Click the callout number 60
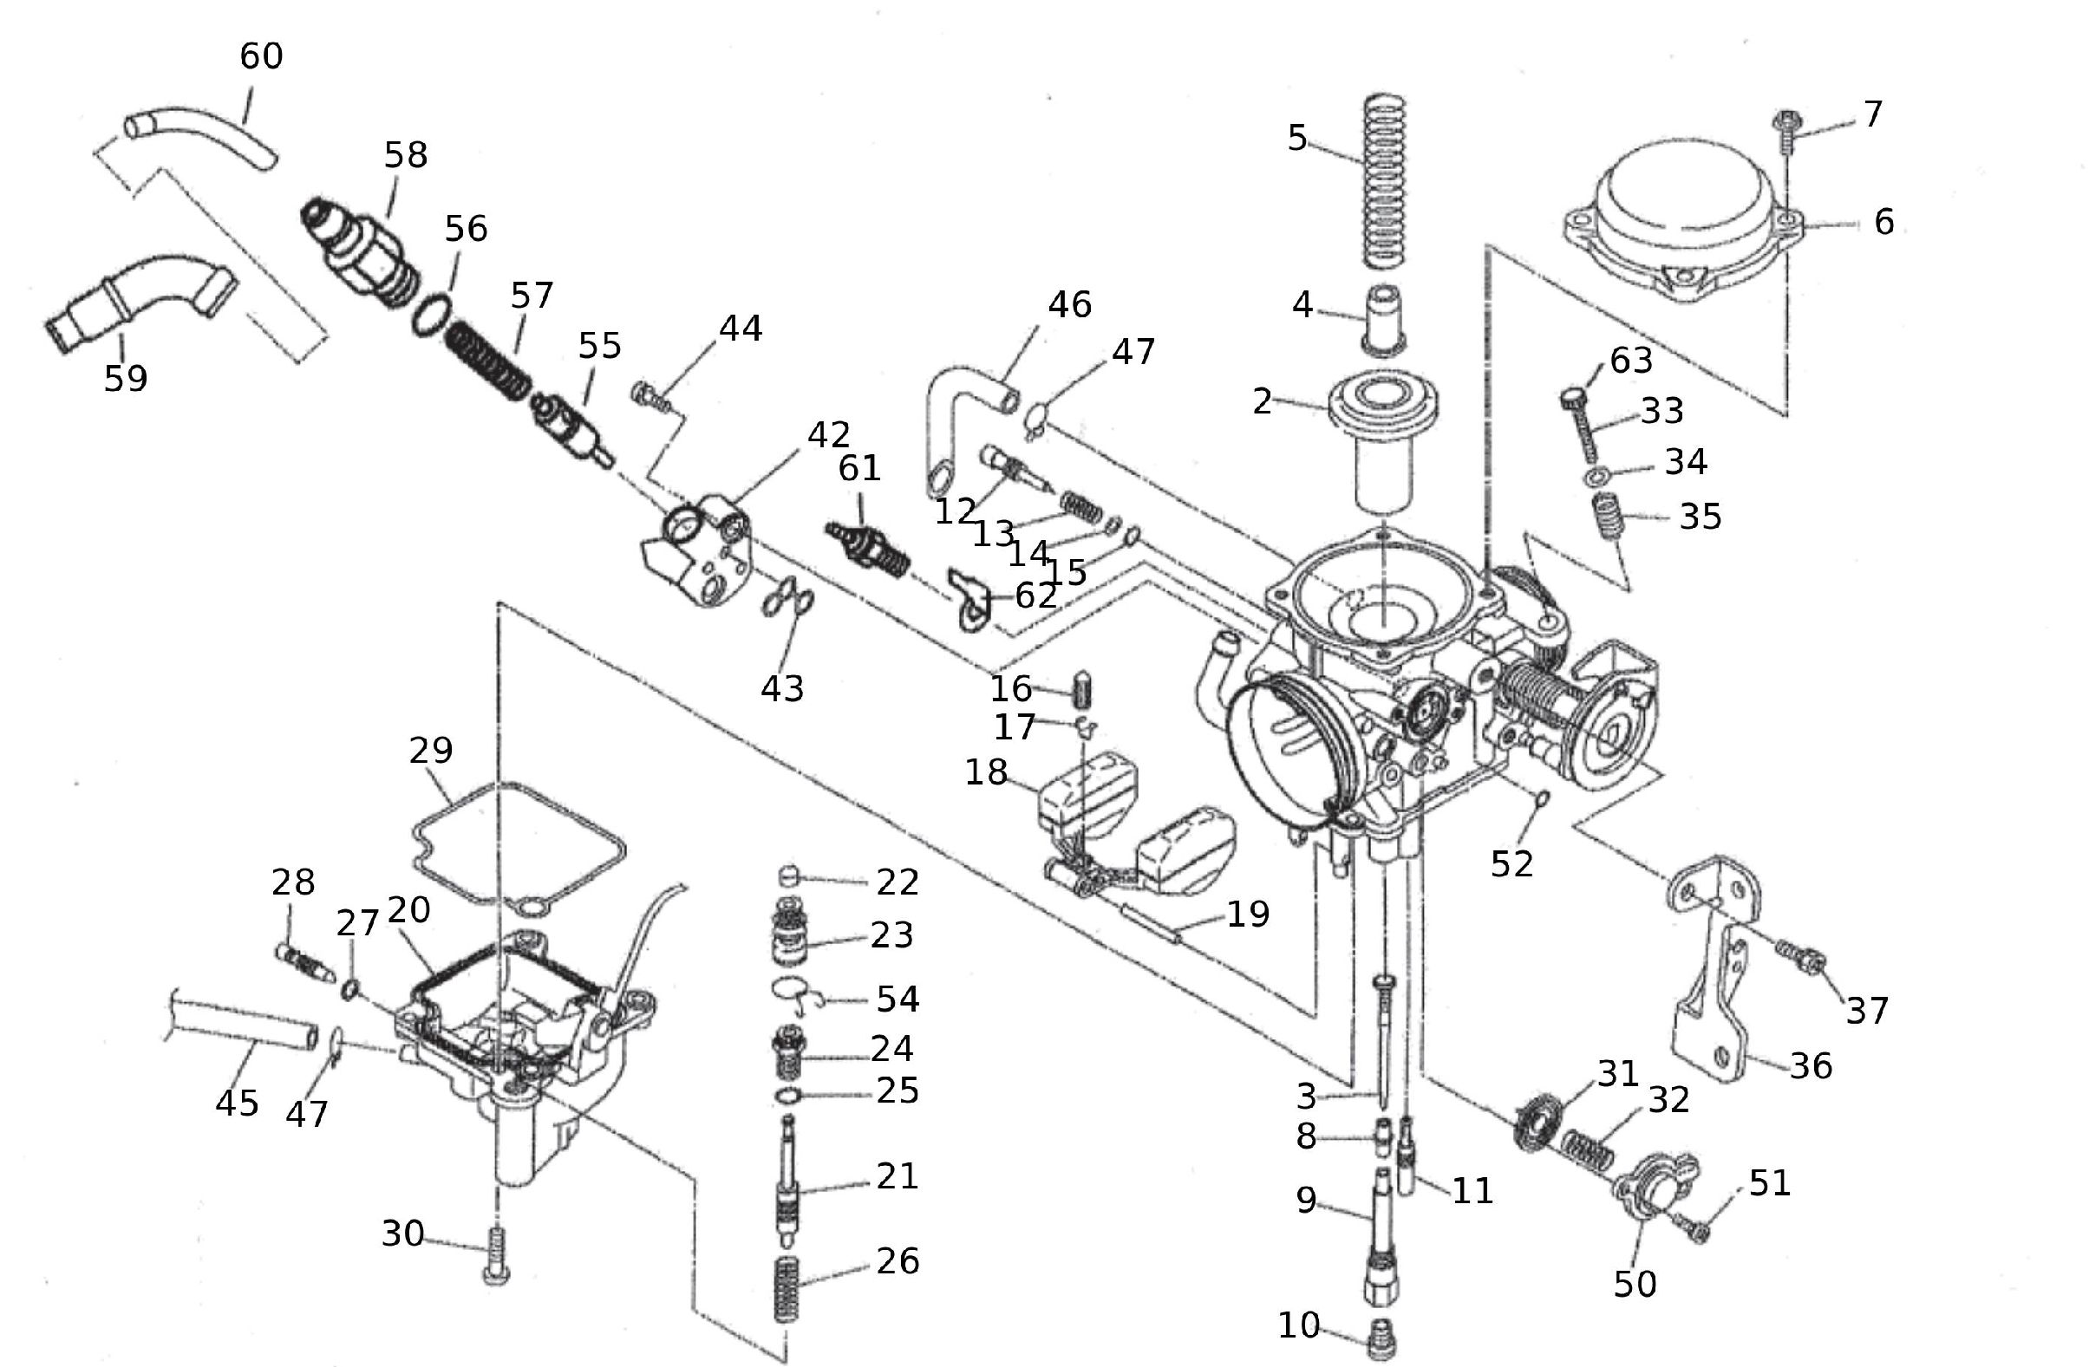point(261,56)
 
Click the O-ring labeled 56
point(432,313)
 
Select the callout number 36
point(1811,1066)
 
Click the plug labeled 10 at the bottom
point(1381,1341)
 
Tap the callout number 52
point(1511,864)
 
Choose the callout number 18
point(986,772)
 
